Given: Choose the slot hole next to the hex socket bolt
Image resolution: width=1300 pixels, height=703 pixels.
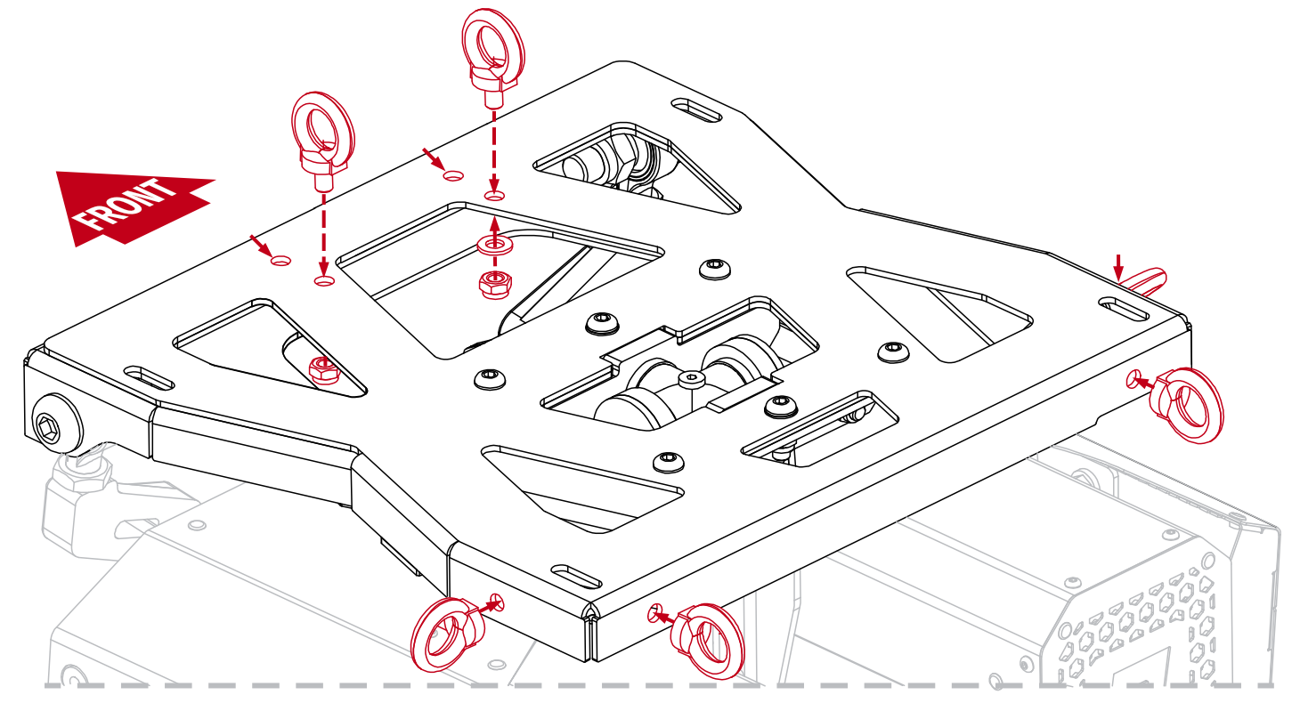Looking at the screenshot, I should pyautogui.click(x=150, y=376).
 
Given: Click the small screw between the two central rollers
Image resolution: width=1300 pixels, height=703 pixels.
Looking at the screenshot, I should pyautogui.click(x=691, y=381).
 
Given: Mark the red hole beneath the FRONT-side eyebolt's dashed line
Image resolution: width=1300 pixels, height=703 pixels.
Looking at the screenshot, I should pyautogui.click(x=323, y=281).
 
